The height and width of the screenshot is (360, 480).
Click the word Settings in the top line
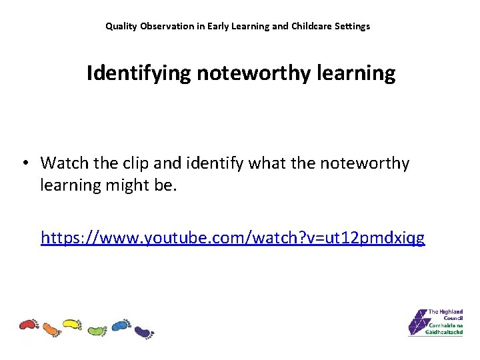point(353,27)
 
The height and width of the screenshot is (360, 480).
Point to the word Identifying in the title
point(139,73)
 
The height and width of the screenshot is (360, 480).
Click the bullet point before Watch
point(25,163)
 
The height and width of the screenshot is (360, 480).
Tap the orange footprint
point(51,328)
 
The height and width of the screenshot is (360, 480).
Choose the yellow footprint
point(72,325)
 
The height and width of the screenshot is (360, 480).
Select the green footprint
point(97,330)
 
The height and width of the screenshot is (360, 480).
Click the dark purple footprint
point(143,330)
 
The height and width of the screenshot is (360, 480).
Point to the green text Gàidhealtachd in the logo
point(445,331)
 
